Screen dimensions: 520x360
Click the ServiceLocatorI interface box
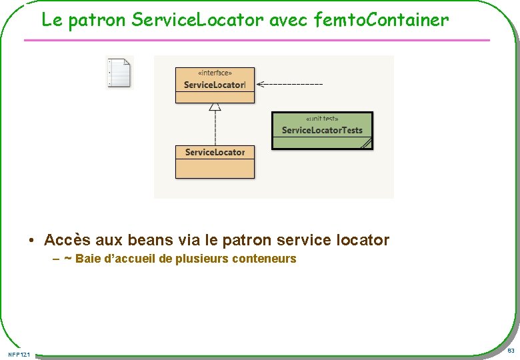pos(215,85)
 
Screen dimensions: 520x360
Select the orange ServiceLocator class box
pos(215,161)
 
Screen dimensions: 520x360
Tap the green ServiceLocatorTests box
pos(322,130)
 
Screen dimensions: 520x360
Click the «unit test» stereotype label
pos(322,118)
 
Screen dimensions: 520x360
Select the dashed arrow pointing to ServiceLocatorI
pos(289,84)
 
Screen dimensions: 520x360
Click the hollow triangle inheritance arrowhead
pos(215,107)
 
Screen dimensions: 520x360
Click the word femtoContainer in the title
pos(382,21)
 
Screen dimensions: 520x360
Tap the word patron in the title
pos(97,21)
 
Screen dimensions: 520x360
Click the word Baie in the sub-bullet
pos(87,259)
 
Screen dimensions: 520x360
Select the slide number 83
pos(511,351)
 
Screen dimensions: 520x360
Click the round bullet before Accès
pos(31,241)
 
